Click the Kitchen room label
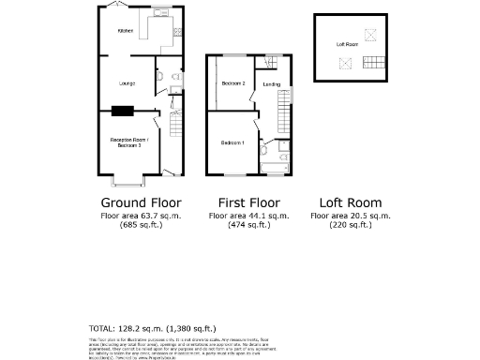coord(125,32)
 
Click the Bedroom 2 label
coord(233,83)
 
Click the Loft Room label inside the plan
coord(347,44)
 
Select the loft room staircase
coord(373,64)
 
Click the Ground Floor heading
coord(141,202)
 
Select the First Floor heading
coord(249,202)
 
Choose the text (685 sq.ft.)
coord(141,225)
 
